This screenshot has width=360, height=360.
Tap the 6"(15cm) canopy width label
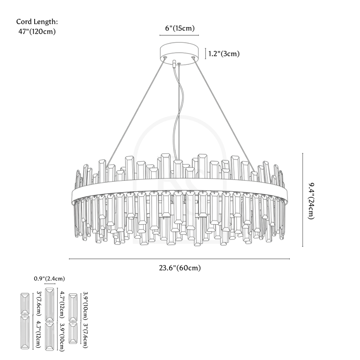pyautogui.click(x=180, y=28)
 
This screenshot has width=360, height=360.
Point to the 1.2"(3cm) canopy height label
pyautogui.click(x=224, y=54)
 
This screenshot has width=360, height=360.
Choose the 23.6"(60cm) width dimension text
pyautogui.click(x=180, y=269)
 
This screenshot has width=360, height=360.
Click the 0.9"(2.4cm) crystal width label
pyautogui.click(x=49, y=279)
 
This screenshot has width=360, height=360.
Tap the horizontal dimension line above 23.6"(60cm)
pyautogui.click(x=180, y=259)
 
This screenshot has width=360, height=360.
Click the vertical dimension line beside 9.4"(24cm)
pyautogui.click(x=302, y=200)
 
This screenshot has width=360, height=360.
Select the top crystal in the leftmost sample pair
pyautogui.click(x=25, y=304)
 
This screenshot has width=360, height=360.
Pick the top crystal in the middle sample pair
pyautogui.click(x=49, y=304)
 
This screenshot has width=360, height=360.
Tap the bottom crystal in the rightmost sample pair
pyautogui.click(x=73, y=333)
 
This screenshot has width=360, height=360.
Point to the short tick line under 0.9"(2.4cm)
pyautogui.click(x=49, y=284)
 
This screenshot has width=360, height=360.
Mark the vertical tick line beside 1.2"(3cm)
pyautogui.click(x=206, y=54)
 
